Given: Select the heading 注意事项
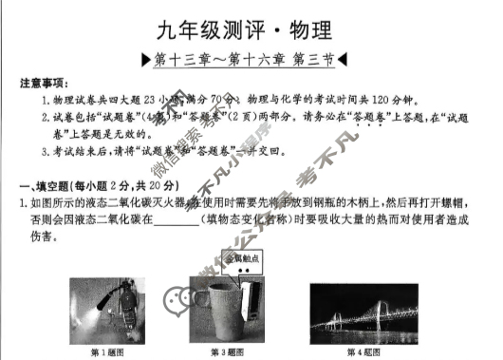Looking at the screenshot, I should coord(43,84).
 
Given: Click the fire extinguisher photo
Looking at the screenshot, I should coord(104,308).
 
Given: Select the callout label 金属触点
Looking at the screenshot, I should coord(238,258).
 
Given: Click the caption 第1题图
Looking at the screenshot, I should coord(104,351).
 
